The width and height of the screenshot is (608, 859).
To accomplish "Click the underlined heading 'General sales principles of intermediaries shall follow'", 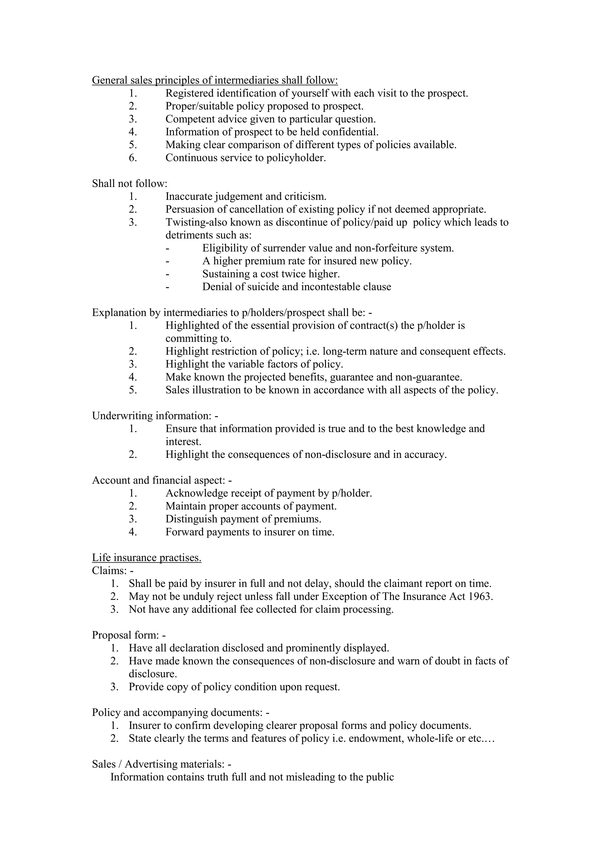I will tap(215, 80).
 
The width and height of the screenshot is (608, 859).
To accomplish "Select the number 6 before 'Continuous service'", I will tap(133, 158).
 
